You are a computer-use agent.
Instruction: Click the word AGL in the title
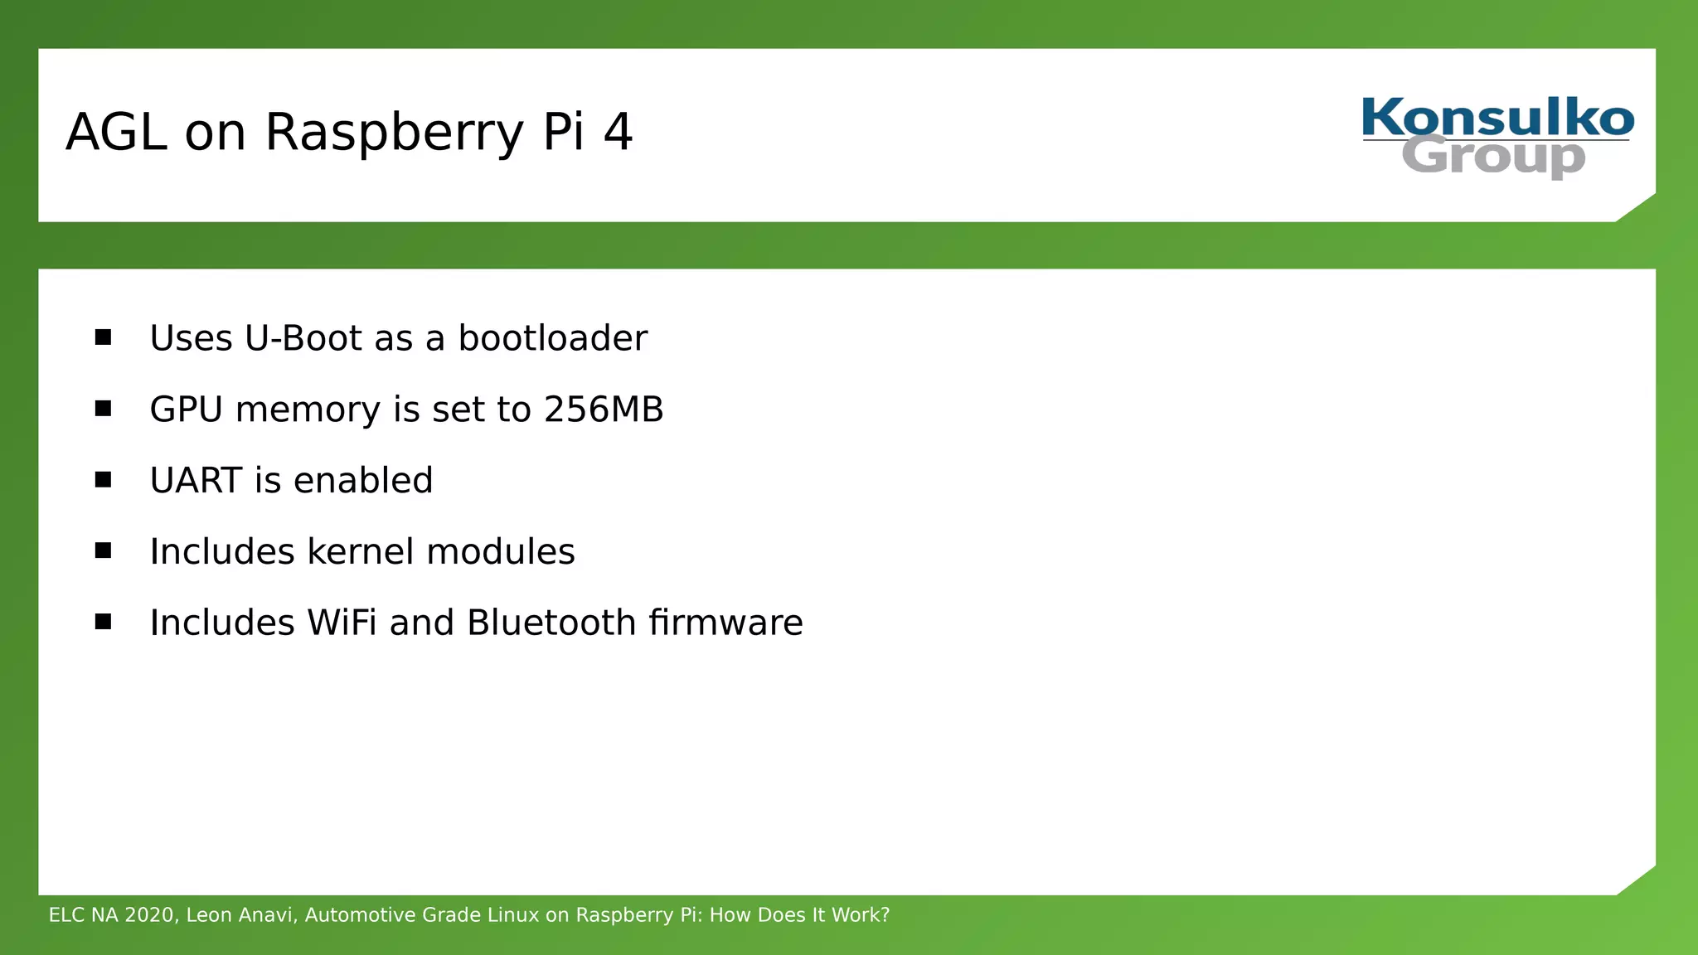point(117,132)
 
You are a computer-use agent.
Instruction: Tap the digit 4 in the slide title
point(618,132)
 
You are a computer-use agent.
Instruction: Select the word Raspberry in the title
point(394,132)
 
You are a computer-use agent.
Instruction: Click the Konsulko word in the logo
point(1497,118)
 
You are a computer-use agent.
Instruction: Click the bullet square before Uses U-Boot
point(103,337)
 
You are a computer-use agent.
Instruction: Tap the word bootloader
point(552,338)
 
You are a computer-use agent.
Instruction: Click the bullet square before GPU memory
point(103,408)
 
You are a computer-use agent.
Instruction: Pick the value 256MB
point(604,410)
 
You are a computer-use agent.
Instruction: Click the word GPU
point(186,410)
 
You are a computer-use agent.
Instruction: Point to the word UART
point(196,481)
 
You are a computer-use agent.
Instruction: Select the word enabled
point(363,481)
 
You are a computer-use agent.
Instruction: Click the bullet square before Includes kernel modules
point(103,550)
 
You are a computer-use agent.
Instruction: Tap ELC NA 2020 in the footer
point(111,915)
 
